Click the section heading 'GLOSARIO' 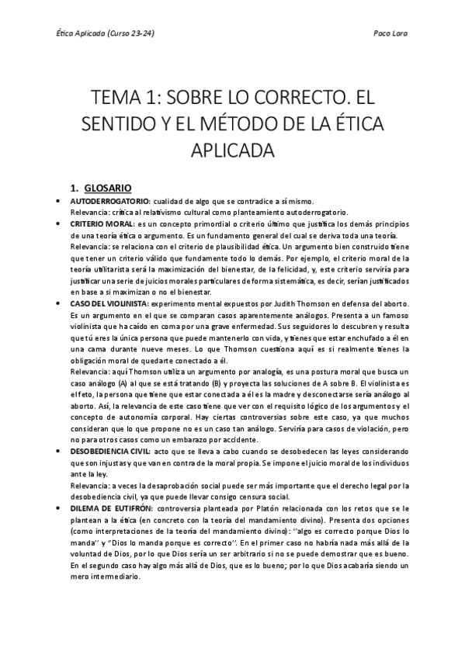(x=109, y=187)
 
